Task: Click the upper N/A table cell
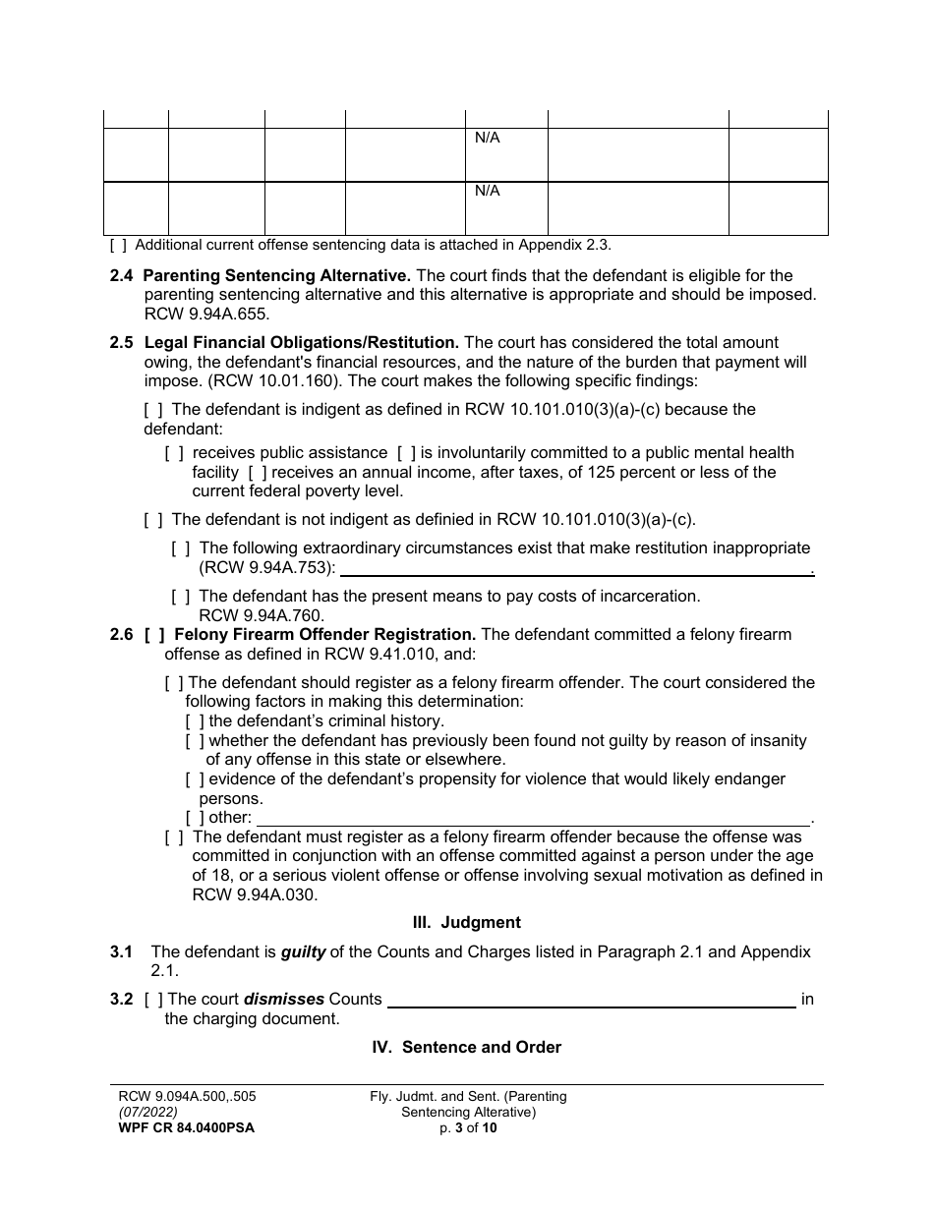506,153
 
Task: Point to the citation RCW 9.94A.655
206,315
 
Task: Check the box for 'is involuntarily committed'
406,453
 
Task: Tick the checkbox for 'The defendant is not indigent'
153,520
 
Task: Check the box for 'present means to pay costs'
181,596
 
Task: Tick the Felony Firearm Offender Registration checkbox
154,635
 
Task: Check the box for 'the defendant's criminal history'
195,721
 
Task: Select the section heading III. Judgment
466,922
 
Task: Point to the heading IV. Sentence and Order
466,1048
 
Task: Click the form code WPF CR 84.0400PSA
186,1128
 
